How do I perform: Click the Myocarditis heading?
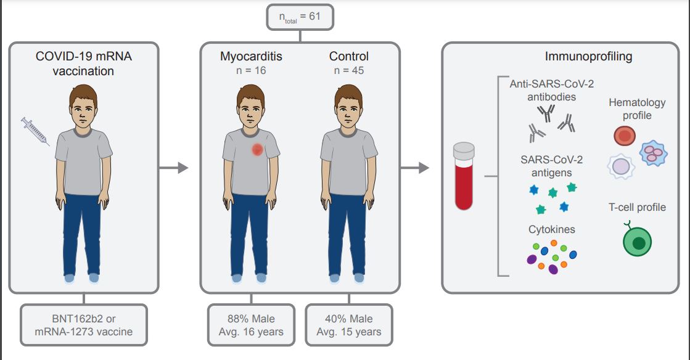tap(251, 57)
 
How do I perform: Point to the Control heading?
tap(349, 57)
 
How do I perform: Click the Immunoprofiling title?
tap(588, 57)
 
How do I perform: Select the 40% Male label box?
tap(349, 325)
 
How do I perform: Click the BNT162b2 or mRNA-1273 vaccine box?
tap(83, 325)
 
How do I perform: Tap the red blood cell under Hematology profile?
tap(624, 136)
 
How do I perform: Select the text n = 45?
tap(349, 70)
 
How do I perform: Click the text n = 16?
tap(251, 70)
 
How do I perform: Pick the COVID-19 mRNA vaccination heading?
tap(83, 63)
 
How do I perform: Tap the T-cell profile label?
tap(637, 207)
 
